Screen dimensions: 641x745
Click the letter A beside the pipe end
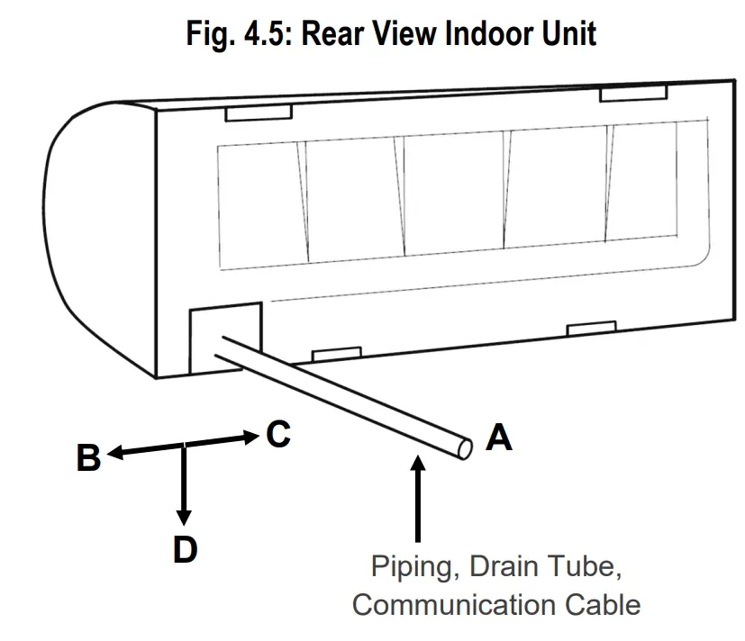[498, 438]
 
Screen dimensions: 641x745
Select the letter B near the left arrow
[88, 458]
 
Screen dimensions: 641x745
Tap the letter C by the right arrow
[278, 434]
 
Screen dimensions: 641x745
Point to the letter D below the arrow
[185, 549]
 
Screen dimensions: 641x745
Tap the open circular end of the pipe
[464, 447]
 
